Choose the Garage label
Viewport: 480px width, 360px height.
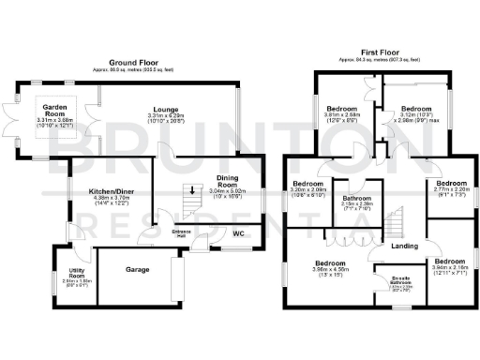(x=140, y=269)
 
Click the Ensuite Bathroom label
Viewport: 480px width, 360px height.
(x=399, y=281)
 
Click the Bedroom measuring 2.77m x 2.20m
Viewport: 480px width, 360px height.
(x=449, y=183)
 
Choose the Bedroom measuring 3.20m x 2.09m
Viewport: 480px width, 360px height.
(x=308, y=183)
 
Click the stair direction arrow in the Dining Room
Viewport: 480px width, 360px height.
(x=192, y=193)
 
